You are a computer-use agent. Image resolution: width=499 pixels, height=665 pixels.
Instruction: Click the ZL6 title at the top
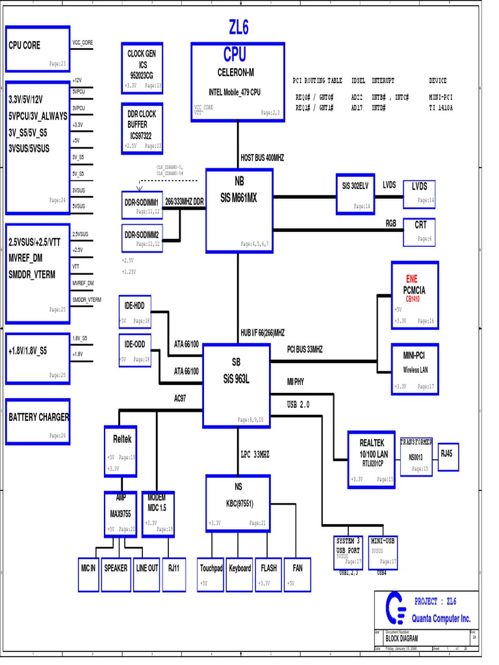238,27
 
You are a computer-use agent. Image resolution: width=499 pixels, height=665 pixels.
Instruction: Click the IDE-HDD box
134,312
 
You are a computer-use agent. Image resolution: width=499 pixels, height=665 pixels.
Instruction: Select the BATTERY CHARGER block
38,421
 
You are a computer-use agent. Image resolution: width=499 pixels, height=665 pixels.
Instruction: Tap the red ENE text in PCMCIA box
412,279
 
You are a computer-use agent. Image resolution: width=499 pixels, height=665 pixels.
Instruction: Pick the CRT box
420,232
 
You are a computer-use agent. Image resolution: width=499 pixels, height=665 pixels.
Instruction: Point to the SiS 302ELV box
355,194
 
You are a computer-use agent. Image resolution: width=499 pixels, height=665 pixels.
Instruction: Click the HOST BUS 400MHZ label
262,158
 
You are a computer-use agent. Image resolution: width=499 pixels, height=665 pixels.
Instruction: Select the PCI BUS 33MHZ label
305,349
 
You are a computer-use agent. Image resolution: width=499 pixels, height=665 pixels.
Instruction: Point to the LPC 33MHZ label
255,455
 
